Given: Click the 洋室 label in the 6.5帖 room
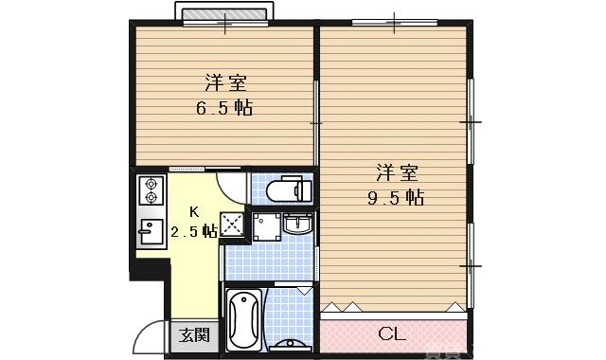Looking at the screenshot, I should (x=223, y=81).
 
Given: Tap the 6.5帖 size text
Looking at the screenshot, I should (x=223, y=107).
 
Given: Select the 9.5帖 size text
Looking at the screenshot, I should (x=395, y=198).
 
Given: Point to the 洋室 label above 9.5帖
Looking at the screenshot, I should (x=396, y=173).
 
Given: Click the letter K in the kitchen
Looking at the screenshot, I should (x=194, y=211).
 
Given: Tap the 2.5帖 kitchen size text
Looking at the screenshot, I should (x=194, y=230).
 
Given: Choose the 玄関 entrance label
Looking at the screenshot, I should (x=196, y=334).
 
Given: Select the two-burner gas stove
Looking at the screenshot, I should (x=150, y=191).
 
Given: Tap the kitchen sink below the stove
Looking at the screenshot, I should (x=150, y=230).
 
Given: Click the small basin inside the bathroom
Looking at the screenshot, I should (x=294, y=342).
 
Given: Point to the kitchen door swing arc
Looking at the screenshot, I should (x=232, y=180).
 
